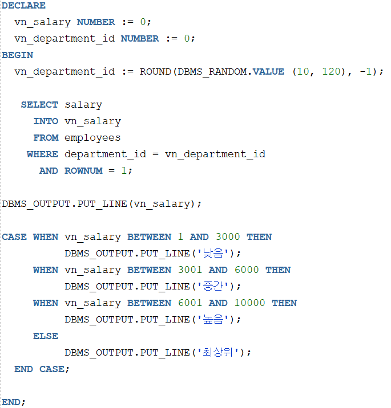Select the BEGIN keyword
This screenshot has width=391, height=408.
click(x=17, y=55)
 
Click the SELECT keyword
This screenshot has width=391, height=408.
click(x=39, y=105)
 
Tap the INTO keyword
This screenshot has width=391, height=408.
click(x=46, y=121)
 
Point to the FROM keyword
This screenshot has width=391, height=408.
click(x=46, y=138)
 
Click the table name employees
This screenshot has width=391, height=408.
click(x=92, y=138)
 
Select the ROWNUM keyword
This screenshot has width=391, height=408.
click(x=83, y=171)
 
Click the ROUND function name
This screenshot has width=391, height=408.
click(x=155, y=72)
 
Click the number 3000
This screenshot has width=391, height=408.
click(x=228, y=237)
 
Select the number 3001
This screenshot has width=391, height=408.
click(x=190, y=270)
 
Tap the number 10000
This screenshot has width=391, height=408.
click(x=249, y=303)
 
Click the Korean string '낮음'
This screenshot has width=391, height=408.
click(x=215, y=254)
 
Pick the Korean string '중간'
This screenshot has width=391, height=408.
click(x=215, y=287)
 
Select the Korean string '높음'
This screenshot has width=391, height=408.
click(x=215, y=320)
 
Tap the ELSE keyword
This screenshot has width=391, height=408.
click(x=46, y=336)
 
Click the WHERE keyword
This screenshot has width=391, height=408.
click(x=42, y=154)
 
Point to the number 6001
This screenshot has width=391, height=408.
click(x=190, y=303)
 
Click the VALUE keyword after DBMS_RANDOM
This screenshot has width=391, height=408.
click(x=268, y=72)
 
